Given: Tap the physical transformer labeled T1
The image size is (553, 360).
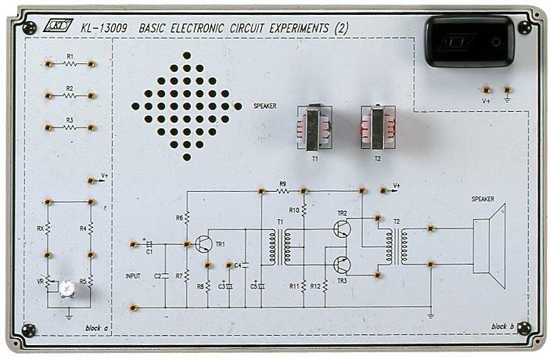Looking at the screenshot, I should coord(313,128).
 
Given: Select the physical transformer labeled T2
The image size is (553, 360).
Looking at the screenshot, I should coord(376,128).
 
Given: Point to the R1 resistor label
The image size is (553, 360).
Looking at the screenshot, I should coord(70,56).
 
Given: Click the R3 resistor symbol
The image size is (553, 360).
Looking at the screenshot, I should coord(70,128).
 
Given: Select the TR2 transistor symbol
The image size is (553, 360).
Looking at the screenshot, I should coord(343,228).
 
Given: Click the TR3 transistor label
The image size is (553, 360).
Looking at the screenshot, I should coord(342,280).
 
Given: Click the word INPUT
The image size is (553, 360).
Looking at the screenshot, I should coord(134,276).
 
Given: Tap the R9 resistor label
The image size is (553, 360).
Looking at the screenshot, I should coord(282,184).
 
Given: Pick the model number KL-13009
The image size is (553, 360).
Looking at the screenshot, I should coord(104,29).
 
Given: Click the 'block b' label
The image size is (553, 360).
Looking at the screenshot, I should coord(503,326).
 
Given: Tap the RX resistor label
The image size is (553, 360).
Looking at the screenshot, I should coord(40,229).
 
